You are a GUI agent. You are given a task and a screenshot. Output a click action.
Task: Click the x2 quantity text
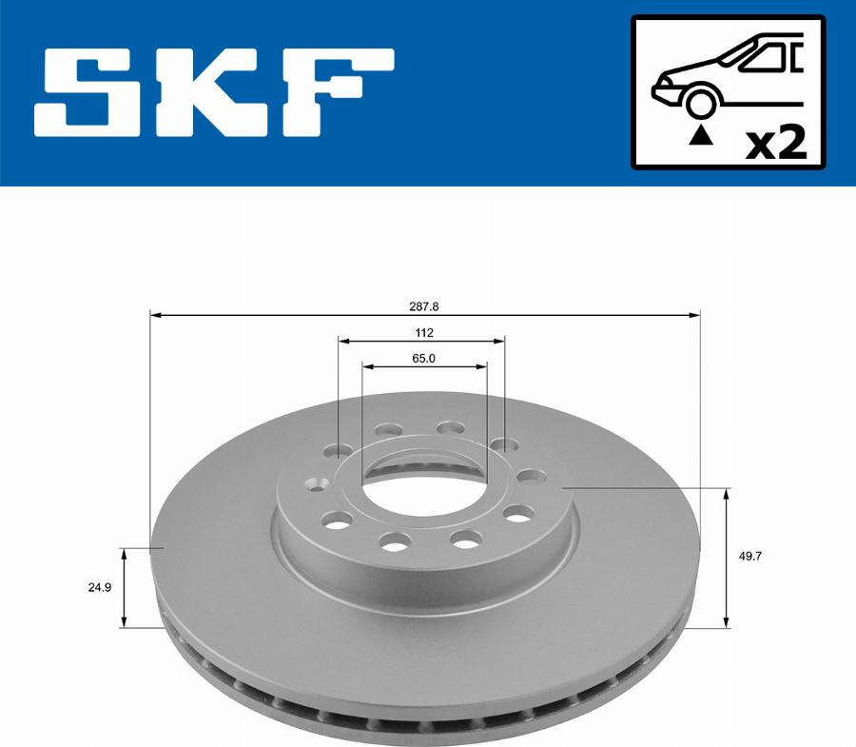tap(775, 143)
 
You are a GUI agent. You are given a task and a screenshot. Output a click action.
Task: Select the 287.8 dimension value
tap(424, 306)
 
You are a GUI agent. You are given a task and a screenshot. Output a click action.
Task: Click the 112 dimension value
tap(424, 332)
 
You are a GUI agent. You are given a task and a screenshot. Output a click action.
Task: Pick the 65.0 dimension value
tap(424, 358)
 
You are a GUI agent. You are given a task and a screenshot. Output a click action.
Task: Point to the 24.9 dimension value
tap(101, 587)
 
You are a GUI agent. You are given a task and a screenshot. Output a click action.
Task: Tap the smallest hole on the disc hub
tap(317, 484)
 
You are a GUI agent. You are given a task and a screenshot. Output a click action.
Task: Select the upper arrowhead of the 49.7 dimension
tap(728, 494)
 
